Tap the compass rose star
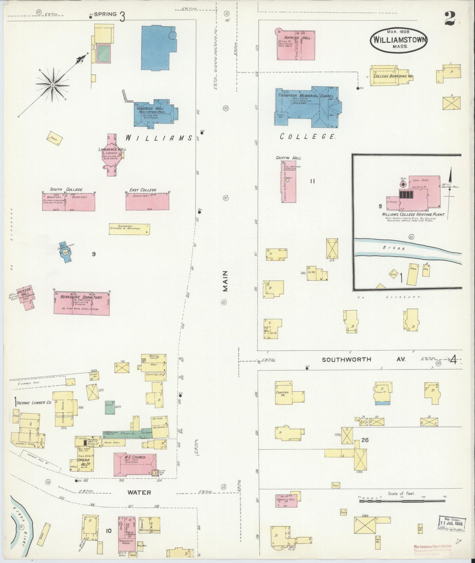53,85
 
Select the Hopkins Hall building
295,45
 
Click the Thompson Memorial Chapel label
305,96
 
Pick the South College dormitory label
66,190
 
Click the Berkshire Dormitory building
82,303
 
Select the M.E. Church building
135,464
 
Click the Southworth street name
342,359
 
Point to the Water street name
139,492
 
